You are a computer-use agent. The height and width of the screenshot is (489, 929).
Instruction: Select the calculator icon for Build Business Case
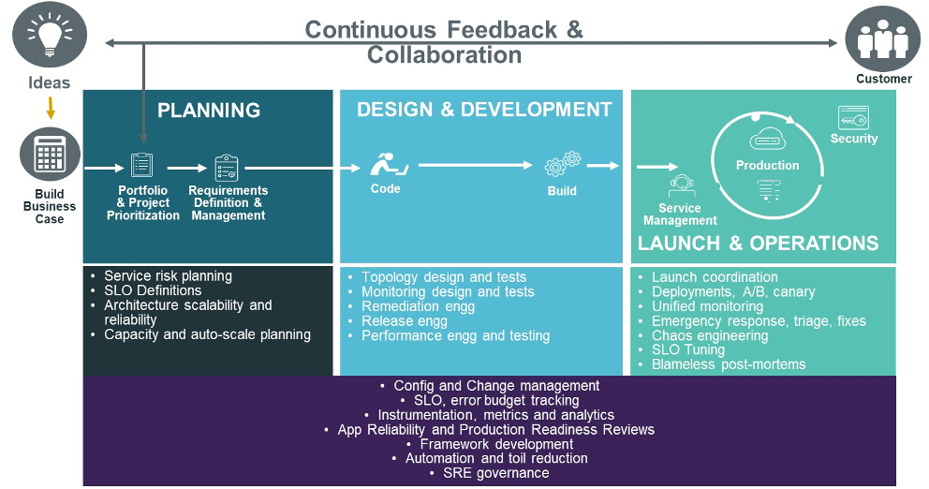coord(50,156)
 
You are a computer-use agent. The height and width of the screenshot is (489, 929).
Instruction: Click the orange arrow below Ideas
coord(51,108)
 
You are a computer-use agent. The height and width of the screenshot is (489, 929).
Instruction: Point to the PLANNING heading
coord(208,111)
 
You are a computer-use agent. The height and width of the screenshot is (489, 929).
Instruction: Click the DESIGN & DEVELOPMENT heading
coord(484,110)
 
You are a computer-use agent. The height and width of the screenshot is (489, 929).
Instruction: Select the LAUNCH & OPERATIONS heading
coord(758,244)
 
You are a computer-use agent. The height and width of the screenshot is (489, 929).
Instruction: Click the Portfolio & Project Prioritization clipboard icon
coord(142,166)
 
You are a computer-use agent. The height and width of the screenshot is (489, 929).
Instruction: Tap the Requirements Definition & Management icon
coord(227,168)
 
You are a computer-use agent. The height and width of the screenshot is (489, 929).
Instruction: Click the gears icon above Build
coord(563,165)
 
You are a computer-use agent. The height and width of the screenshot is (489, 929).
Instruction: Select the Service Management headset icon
coord(681,185)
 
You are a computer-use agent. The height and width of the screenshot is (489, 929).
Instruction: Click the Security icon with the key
coord(853,118)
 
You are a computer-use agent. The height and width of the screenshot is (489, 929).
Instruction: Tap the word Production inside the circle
coord(767,165)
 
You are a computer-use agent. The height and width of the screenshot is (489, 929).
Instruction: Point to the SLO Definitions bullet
coord(153,290)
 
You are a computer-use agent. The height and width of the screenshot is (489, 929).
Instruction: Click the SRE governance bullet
coord(495,473)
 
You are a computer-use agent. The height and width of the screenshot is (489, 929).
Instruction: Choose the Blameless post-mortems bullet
coord(728,364)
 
